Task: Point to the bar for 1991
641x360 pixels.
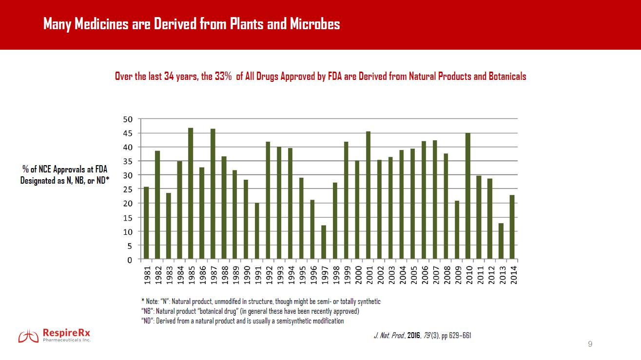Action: click(x=257, y=231)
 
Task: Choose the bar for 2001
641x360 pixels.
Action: click(x=368, y=195)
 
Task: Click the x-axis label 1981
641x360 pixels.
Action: click(x=147, y=275)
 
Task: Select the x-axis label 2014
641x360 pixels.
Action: click(x=513, y=275)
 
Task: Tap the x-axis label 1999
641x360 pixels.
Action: click(x=347, y=275)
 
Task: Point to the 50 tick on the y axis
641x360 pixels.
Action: click(x=128, y=119)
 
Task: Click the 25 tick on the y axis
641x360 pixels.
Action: click(x=128, y=189)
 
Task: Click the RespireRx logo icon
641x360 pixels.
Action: click(x=28, y=336)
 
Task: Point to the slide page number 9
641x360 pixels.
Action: click(x=590, y=344)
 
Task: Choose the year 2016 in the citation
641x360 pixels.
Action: click(x=414, y=336)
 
